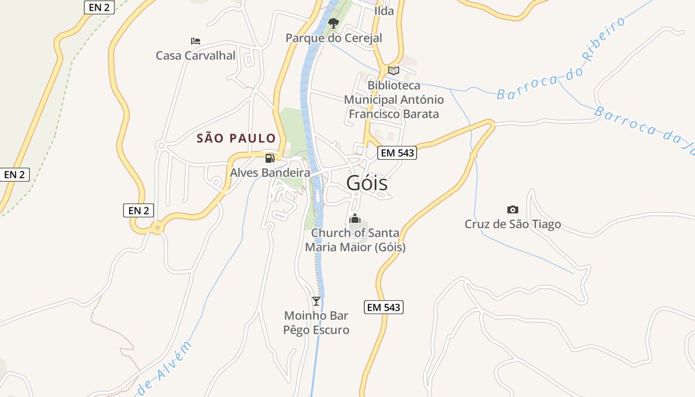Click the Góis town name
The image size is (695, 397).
coord(367,183)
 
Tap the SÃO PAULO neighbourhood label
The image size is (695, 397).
coord(236,138)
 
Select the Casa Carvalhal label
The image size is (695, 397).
coord(196,55)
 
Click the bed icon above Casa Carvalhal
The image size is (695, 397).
coord(196,41)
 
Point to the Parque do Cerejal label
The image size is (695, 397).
coord(334,38)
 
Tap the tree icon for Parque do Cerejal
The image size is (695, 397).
coord(334,23)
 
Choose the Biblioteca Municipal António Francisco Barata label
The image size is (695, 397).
coord(394,100)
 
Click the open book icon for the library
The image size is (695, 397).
coord(394,70)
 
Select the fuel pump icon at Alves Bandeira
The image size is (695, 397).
coord(270,158)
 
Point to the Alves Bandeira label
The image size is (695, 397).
coord(270,173)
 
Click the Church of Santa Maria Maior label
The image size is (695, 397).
coord(355,240)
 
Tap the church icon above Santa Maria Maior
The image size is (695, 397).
coord(355,218)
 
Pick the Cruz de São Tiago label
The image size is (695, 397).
coord(513,224)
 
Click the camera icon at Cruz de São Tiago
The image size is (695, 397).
coord(513,209)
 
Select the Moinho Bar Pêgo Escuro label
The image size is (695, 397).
coord(316,323)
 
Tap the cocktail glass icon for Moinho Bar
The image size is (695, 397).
coord(316,301)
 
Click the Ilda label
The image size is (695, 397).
coord(384,11)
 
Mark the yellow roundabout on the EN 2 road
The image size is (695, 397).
coord(157,228)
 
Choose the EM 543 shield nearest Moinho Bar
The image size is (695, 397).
coord(383,307)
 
